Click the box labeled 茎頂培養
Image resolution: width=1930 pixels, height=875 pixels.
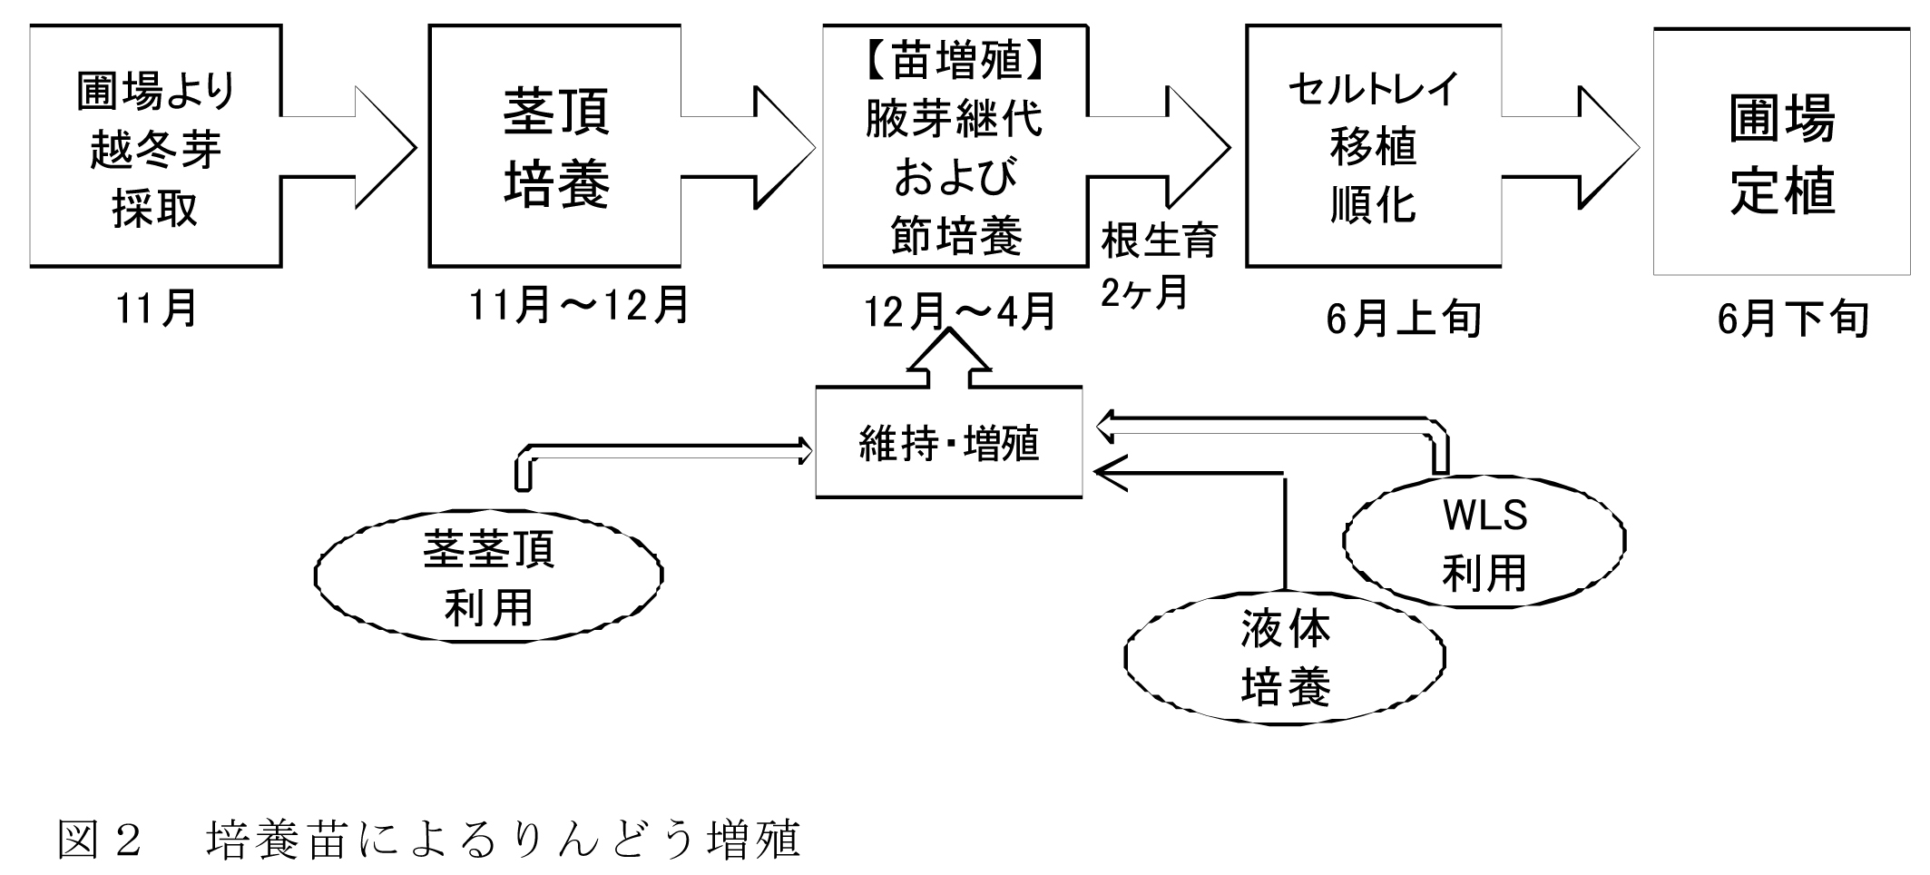pyautogui.click(x=555, y=146)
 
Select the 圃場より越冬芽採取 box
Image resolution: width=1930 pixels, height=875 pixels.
pyautogui.click(x=155, y=146)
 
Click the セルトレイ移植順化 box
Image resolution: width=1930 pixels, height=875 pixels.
pyautogui.click(x=1373, y=146)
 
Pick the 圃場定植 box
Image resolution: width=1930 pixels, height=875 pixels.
pyautogui.click(x=1783, y=152)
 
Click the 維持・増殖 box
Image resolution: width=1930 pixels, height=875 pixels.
pyautogui.click(x=948, y=443)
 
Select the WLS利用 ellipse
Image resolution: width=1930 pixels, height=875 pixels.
pyautogui.click(x=1484, y=543)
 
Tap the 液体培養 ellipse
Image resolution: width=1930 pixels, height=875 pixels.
pyautogui.click(x=1284, y=658)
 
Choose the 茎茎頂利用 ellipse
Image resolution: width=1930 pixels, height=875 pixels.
pyautogui.click(x=488, y=577)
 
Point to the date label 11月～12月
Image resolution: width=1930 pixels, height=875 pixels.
pyautogui.click(x=579, y=305)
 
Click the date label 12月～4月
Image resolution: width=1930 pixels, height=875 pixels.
pyautogui.click(x=960, y=312)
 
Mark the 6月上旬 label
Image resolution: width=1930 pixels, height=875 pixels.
pyautogui.click(x=1403, y=318)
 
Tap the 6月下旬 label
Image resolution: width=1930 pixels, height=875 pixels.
pyautogui.click(x=1793, y=318)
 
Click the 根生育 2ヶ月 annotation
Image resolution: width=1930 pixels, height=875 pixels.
pyautogui.click(x=1157, y=266)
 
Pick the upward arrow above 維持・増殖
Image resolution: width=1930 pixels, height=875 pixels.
pyautogui.click(x=949, y=360)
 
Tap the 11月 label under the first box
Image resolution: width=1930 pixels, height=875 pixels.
pyautogui.click(x=156, y=309)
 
